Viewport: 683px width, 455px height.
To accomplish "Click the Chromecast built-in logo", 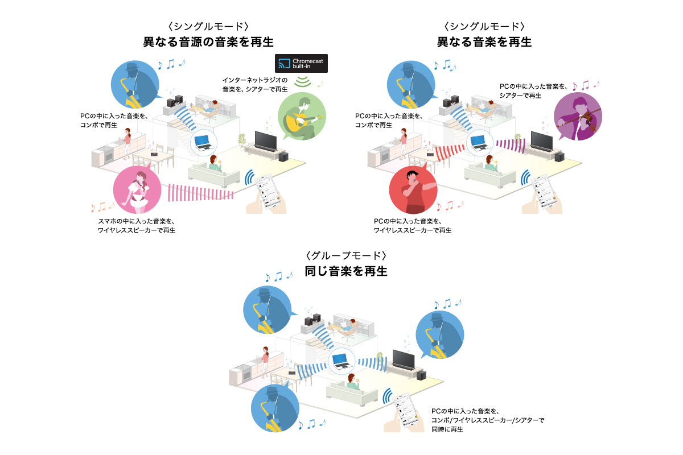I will click(x=301, y=63).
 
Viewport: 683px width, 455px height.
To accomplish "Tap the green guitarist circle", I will click(x=302, y=116).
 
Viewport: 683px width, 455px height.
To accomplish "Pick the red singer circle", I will click(x=413, y=191).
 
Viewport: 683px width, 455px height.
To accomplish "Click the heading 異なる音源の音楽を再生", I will click(x=208, y=42).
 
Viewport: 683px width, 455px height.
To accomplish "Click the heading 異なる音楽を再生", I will click(x=484, y=42).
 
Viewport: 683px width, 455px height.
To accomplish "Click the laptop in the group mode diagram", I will click(x=340, y=360).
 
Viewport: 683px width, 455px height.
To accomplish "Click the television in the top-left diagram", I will click(x=266, y=140).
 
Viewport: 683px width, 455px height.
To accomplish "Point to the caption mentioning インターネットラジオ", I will click(x=256, y=84).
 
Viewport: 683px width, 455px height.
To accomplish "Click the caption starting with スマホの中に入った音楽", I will click(x=136, y=226).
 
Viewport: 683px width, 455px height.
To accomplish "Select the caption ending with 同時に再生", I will click(x=487, y=420).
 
